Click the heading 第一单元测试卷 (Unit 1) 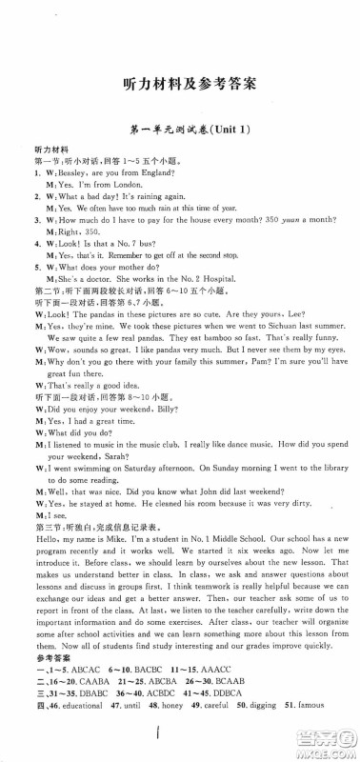(180, 138)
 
